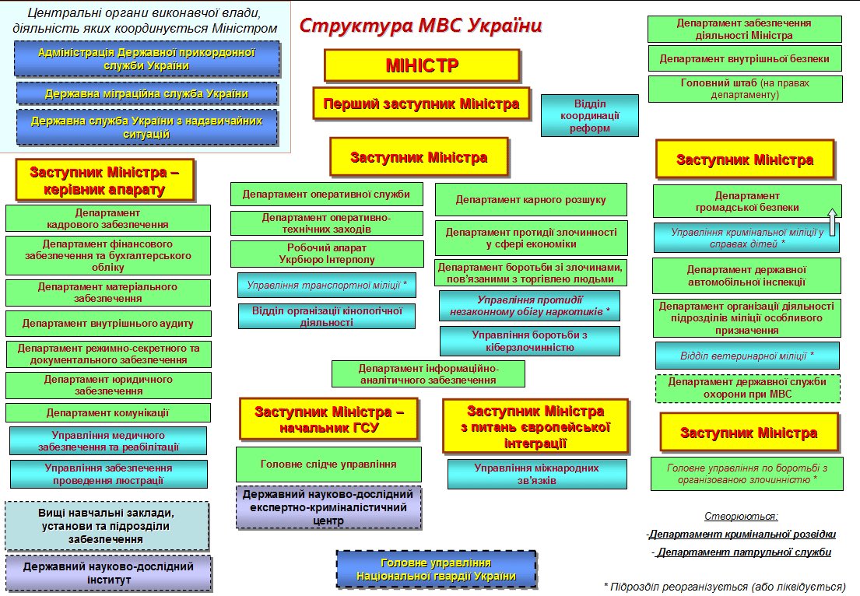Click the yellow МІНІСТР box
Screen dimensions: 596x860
point(422,65)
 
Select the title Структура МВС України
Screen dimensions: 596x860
point(421,25)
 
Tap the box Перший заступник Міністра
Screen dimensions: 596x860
point(421,103)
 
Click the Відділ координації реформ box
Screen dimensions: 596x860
point(589,115)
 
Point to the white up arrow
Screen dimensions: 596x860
point(832,222)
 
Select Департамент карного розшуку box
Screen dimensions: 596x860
point(531,200)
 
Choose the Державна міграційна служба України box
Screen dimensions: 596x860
point(147,93)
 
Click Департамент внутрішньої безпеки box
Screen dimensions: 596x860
point(745,58)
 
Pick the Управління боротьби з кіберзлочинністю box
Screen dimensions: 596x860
point(529,341)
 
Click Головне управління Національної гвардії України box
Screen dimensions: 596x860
point(436,570)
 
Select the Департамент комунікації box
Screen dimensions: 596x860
point(108,412)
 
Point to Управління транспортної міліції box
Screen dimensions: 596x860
point(327,286)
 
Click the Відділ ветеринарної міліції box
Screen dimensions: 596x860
point(747,355)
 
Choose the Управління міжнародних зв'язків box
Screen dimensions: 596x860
point(536,474)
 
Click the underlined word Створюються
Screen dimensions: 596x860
point(741,515)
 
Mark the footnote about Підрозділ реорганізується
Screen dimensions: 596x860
point(725,586)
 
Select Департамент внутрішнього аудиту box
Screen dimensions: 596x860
point(108,323)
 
